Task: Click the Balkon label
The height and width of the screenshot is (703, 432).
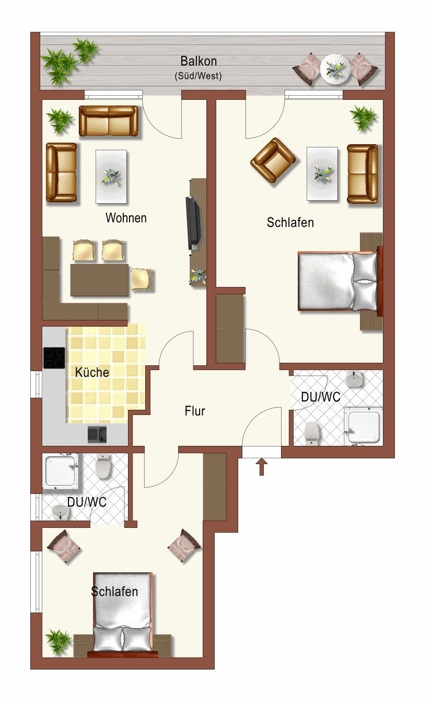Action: pyautogui.click(x=199, y=61)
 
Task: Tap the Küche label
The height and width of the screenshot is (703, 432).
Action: pyautogui.click(x=92, y=372)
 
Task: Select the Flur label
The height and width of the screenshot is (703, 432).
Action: pyautogui.click(x=195, y=411)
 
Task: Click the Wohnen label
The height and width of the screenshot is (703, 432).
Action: pyautogui.click(x=126, y=218)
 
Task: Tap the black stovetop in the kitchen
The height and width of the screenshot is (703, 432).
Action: pyautogui.click(x=54, y=358)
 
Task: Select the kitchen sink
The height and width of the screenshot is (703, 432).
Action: pyautogui.click(x=97, y=435)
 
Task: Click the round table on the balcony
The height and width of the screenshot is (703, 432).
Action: pyautogui.click(x=335, y=68)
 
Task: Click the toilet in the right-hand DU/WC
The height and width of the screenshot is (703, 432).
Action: pyautogui.click(x=312, y=433)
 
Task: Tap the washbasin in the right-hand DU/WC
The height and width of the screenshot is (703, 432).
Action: pyautogui.click(x=355, y=379)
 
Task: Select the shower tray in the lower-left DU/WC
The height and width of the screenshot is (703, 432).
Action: pyautogui.click(x=61, y=471)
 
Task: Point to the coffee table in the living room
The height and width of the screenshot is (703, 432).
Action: pyautogui.click(x=111, y=177)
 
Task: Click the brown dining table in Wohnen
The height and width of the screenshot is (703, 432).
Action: pyautogui.click(x=99, y=280)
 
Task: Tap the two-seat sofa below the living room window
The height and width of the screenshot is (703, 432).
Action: pyautogui.click(x=108, y=121)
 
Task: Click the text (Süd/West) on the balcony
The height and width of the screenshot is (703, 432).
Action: pyautogui.click(x=199, y=76)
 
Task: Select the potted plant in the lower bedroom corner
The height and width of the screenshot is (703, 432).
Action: pyautogui.click(x=59, y=641)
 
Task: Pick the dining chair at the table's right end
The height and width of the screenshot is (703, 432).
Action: pyautogui.click(x=142, y=279)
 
